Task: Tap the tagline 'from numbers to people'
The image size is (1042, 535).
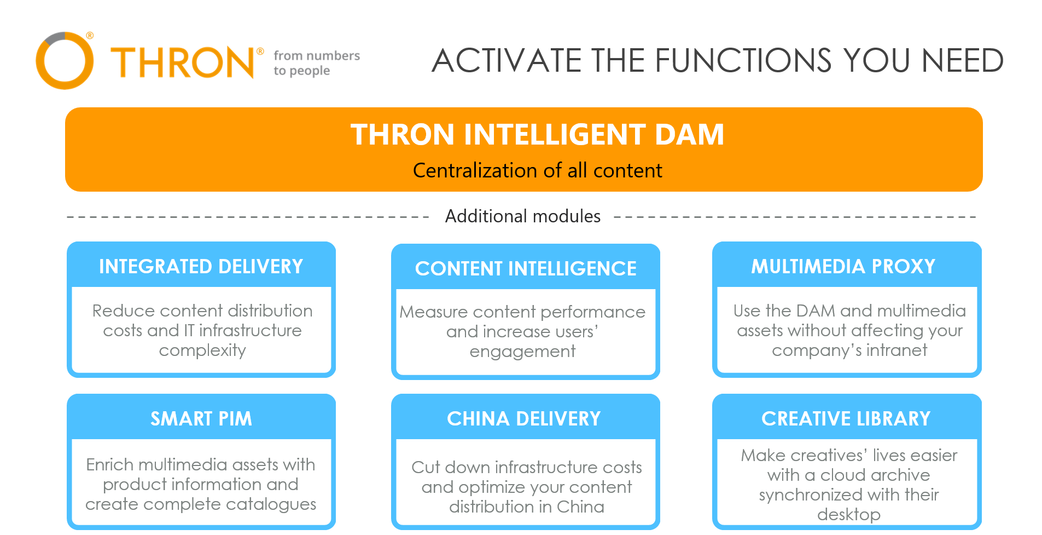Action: pyautogui.click(x=317, y=63)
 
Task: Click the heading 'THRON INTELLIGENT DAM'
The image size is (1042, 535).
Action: pyautogui.click(x=537, y=135)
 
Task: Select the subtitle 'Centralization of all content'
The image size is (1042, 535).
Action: pyautogui.click(x=537, y=170)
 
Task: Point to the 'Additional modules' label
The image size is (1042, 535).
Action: pyautogui.click(x=522, y=216)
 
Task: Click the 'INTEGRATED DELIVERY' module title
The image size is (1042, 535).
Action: pyautogui.click(x=201, y=267)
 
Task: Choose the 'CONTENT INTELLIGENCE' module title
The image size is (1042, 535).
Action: pyautogui.click(x=526, y=269)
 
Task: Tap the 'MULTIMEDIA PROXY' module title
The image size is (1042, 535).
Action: pyautogui.click(x=843, y=267)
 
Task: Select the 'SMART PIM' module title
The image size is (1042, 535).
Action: pyautogui.click(x=201, y=419)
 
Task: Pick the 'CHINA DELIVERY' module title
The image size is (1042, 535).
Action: pyautogui.click(x=523, y=419)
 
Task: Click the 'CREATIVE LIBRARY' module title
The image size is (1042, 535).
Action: pyautogui.click(x=846, y=419)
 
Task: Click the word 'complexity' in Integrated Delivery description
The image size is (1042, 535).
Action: pyautogui.click(x=202, y=350)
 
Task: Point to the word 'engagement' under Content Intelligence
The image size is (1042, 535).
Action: pyautogui.click(x=522, y=352)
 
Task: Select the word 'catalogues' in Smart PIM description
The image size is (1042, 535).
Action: pyautogui.click(x=271, y=504)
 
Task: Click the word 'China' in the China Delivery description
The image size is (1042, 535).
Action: pyautogui.click(x=580, y=507)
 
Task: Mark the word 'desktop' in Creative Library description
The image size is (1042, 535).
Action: pyautogui.click(x=849, y=515)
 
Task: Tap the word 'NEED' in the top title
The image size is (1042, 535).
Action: pyautogui.click(x=962, y=60)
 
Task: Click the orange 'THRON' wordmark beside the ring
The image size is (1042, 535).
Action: pyautogui.click(x=183, y=62)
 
